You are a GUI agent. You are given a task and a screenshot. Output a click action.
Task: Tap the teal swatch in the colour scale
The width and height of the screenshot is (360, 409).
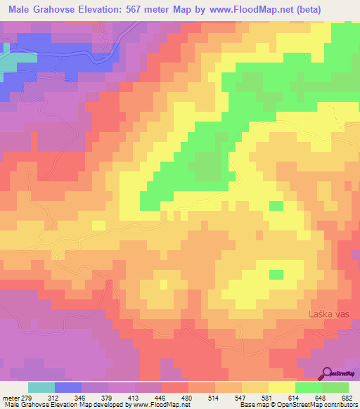coord(41,387)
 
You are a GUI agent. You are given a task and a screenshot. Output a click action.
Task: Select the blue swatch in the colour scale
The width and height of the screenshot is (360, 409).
coord(67,387)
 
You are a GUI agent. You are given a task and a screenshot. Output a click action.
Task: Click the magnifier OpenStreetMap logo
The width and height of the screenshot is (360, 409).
coord(326,374)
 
